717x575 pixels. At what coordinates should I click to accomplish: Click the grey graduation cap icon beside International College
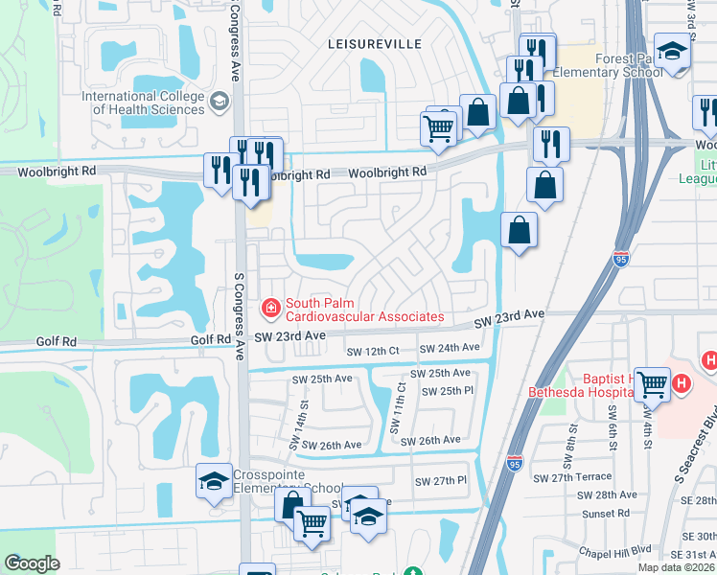pos(220,100)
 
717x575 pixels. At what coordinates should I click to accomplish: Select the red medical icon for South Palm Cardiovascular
pos(271,308)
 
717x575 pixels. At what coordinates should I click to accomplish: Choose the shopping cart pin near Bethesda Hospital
pos(653,384)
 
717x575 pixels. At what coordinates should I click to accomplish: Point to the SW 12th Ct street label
pos(369,352)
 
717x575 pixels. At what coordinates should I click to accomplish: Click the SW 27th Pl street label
pos(440,481)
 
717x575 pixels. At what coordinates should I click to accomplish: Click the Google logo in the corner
pos(33,563)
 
